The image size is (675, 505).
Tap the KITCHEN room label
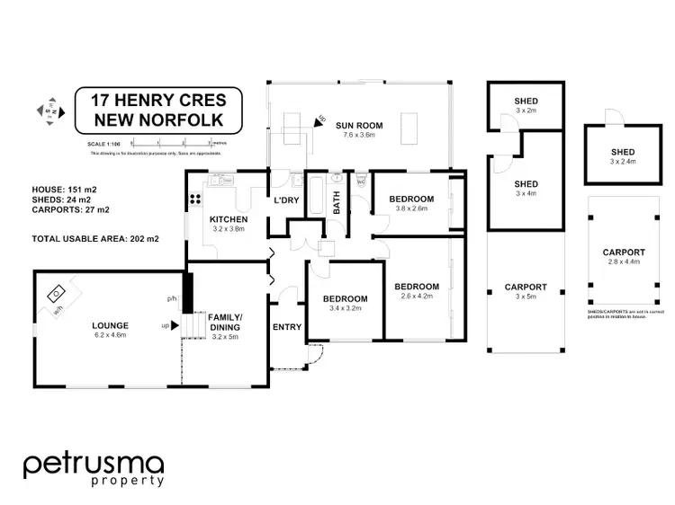228,219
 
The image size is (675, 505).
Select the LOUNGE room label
110,325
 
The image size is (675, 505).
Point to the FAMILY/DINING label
229,323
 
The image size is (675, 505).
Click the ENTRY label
288,327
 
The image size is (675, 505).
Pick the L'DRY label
287,199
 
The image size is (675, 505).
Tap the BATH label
337,206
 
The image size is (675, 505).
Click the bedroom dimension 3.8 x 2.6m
412,208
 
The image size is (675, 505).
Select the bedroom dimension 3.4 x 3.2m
346,309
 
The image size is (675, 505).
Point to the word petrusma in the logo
94,465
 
